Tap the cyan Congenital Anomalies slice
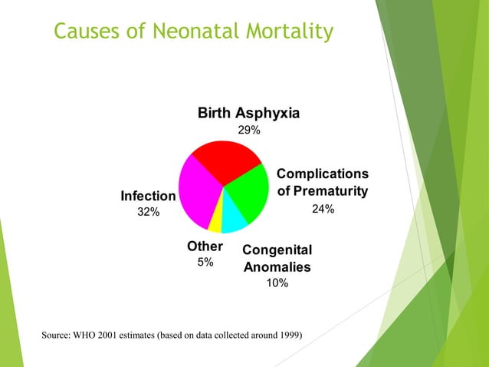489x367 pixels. click(x=233, y=220)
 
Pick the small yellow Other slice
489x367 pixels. click(x=216, y=222)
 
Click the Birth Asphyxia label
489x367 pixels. click(x=248, y=114)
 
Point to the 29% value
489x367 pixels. click(x=248, y=131)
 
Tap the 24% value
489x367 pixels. click(x=322, y=209)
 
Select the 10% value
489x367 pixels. click(x=277, y=283)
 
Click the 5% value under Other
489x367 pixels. click(x=205, y=263)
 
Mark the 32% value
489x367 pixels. click(x=148, y=213)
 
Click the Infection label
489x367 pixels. click(x=148, y=197)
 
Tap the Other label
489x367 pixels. click(x=205, y=246)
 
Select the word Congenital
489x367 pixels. click(x=277, y=251)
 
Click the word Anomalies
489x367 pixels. click(x=277, y=267)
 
